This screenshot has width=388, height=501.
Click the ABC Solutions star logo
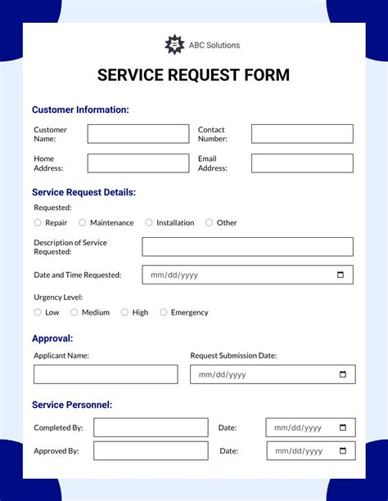174,45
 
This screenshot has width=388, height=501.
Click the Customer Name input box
138,134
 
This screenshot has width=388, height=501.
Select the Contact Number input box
302,134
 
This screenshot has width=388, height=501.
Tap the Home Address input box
138,163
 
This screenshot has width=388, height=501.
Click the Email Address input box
302,163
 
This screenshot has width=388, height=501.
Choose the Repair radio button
38,222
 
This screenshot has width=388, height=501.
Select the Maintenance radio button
82,222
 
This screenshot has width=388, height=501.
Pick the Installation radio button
149,222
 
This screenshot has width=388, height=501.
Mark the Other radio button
209,222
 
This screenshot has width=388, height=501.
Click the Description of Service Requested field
247,247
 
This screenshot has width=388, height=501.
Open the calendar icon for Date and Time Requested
341,275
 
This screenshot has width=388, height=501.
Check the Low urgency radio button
38,312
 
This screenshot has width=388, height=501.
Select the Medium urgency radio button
74,312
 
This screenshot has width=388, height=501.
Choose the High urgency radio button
124,312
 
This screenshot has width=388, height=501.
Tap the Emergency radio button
164,312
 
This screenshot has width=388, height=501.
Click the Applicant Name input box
106,374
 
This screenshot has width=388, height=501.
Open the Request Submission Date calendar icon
343,374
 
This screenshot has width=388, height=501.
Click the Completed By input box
151,427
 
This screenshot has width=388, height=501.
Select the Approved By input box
151,450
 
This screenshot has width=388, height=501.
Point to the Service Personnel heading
72,405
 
